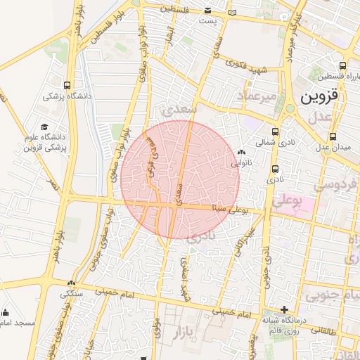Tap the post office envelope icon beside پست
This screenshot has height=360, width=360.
pos(208,10)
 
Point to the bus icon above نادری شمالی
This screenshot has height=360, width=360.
pos(275,131)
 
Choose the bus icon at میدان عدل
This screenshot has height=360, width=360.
pos(332,136)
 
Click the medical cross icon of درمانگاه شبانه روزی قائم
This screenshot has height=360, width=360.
pos(284,309)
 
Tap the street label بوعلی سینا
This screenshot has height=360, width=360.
pos(230,209)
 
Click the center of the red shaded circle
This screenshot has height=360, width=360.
pos(180,180)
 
